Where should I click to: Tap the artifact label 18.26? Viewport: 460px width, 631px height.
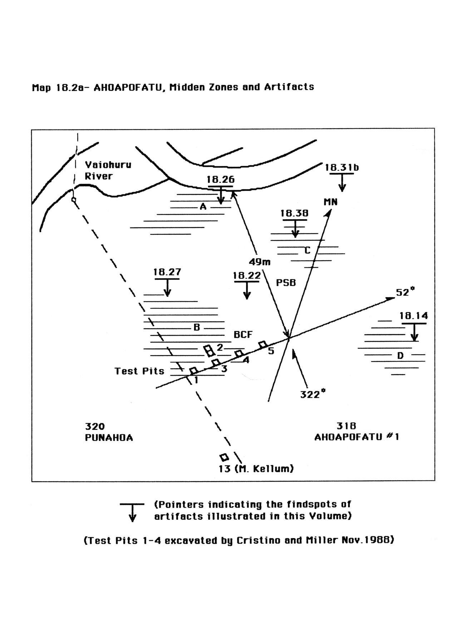(x=221, y=179)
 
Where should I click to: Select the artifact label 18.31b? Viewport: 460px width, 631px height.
(x=342, y=167)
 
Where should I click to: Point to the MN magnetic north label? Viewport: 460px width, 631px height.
(x=330, y=202)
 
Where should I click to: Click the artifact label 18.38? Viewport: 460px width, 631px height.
(x=294, y=213)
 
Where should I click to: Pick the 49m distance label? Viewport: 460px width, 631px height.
(x=259, y=262)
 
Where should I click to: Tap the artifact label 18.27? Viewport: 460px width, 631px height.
(x=167, y=272)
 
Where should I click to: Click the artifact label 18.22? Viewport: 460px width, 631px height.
(x=247, y=276)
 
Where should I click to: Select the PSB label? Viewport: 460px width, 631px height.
(x=286, y=282)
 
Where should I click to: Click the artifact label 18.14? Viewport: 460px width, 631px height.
(x=414, y=316)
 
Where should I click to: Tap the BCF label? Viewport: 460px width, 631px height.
(x=243, y=335)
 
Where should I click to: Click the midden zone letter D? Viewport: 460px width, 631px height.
(x=400, y=355)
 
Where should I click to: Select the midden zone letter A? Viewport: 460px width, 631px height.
(x=203, y=206)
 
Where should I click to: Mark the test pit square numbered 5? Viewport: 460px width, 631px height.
(x=263, y=344)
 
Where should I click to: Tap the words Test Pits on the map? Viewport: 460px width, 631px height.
(x=139, y=371)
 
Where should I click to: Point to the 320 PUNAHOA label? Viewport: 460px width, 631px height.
(x=109, y=432)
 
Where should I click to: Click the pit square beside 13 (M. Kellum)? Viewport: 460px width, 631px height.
(x=224, y=457)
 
